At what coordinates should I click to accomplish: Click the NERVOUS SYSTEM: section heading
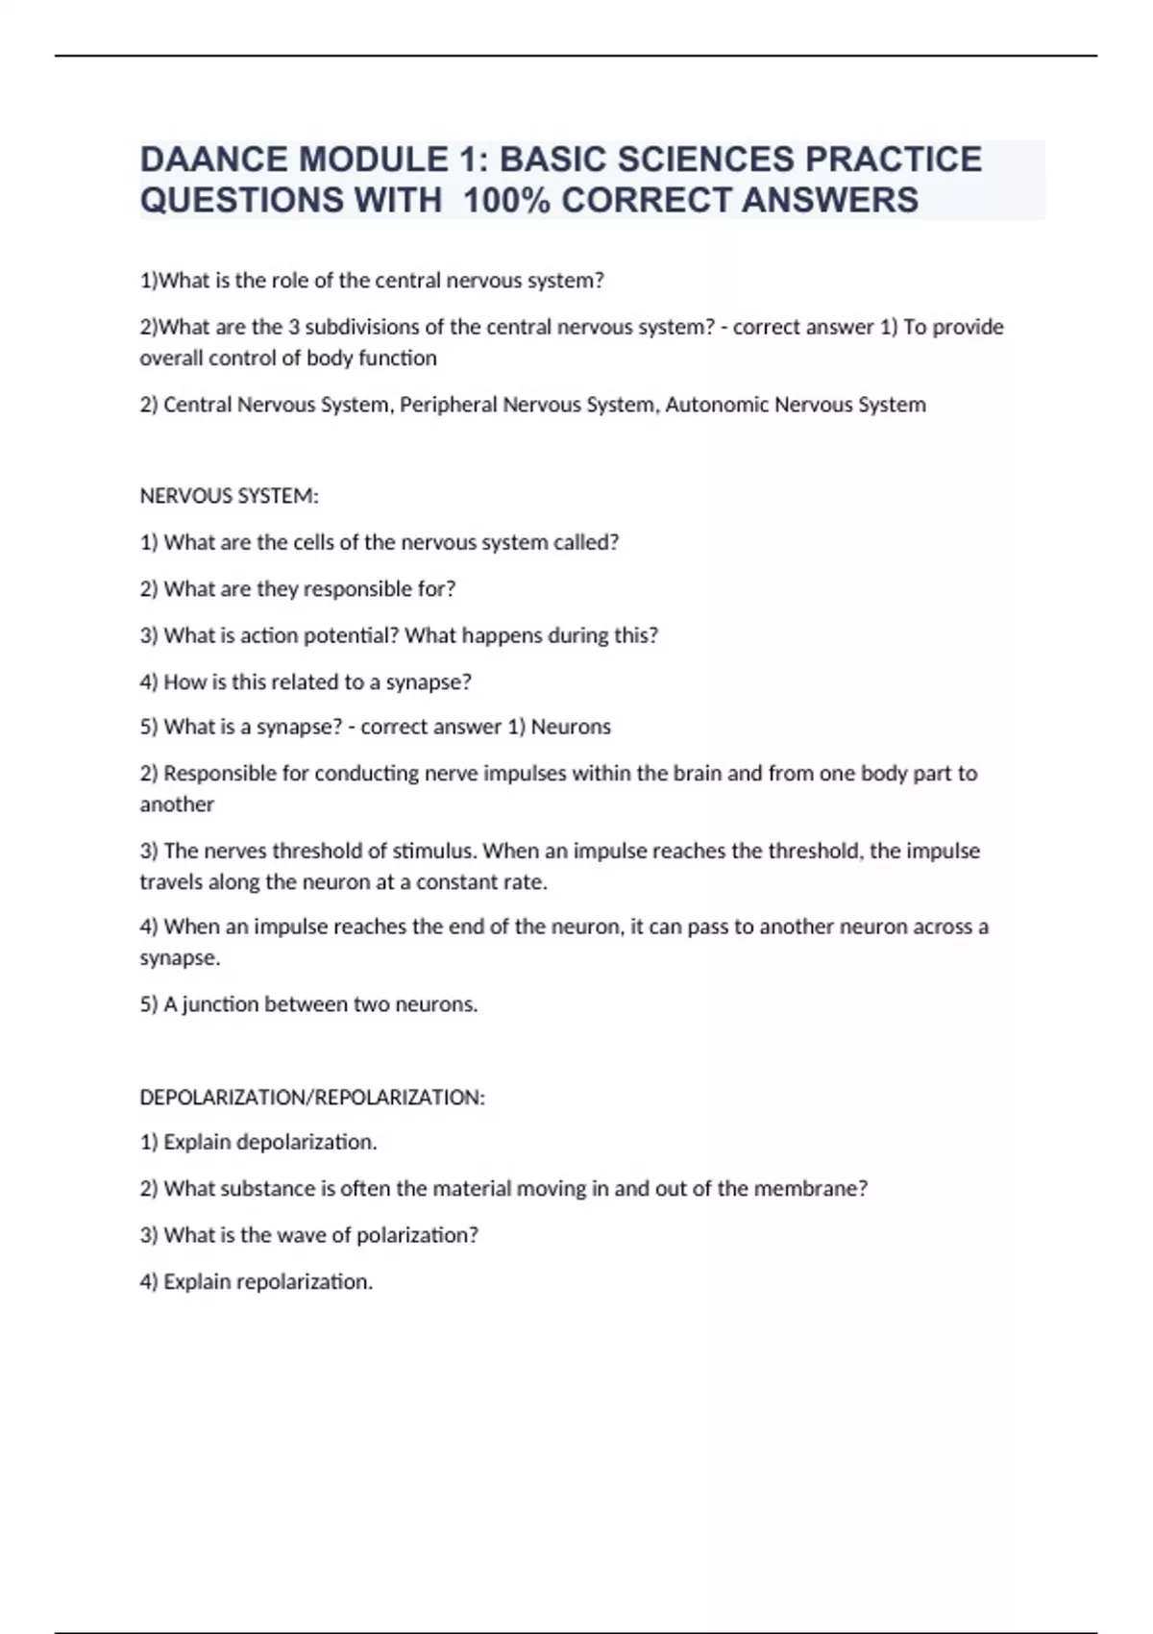(x=229, y=496)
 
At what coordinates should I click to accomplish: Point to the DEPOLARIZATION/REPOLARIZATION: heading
(x=312, y=1097)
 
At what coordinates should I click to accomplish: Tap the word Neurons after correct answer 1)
(x=571, y=727)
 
